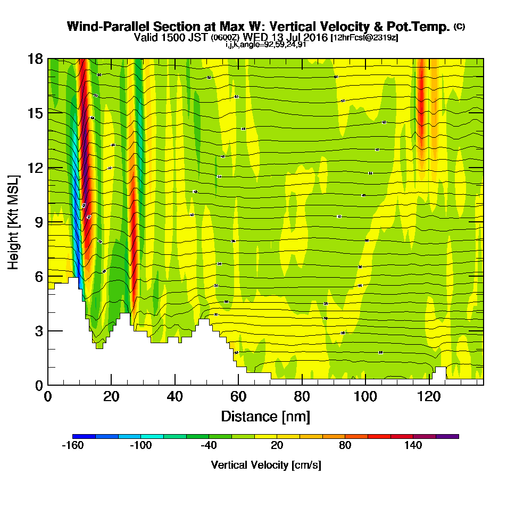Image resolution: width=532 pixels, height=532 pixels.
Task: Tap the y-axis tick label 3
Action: tap(38, 331)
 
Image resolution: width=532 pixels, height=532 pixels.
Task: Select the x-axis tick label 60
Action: tap(238, 396)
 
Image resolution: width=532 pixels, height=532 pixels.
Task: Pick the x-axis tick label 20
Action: tap(111, 396)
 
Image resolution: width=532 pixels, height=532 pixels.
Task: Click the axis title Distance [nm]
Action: tap(265, 415)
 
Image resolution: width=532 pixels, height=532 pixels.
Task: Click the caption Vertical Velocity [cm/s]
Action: tap(265, 465)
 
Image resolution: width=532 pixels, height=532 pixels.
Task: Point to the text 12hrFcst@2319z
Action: tap(364, 38)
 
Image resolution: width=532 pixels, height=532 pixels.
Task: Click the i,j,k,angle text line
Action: tap(265, 45)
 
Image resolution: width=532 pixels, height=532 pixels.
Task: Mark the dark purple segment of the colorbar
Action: tap(447, 436)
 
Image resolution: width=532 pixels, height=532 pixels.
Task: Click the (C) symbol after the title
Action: tap(459, 26)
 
